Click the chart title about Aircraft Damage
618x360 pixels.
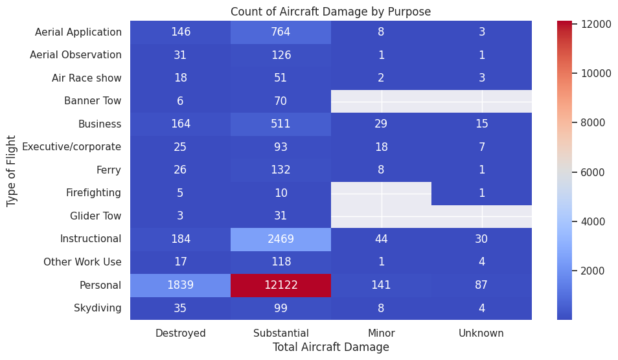(330, 11)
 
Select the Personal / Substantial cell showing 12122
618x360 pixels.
(280, 285)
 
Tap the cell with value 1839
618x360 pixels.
(180, 285)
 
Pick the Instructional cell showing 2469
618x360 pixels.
(280, 239)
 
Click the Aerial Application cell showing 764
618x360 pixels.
(280, 32)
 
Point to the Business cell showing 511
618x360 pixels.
(280, 124)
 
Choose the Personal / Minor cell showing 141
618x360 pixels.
(381, 285)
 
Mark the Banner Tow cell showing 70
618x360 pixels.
(280, 101)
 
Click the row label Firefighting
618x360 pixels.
(93, 193)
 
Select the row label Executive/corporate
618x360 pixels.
(71, 147)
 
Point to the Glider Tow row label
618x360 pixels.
(95, 216)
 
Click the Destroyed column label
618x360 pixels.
(180, 333)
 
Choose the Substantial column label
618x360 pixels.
(280, 333)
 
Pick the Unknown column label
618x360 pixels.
(481, 333)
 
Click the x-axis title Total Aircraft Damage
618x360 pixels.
(330, 347)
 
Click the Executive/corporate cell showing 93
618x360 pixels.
(280, 147)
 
